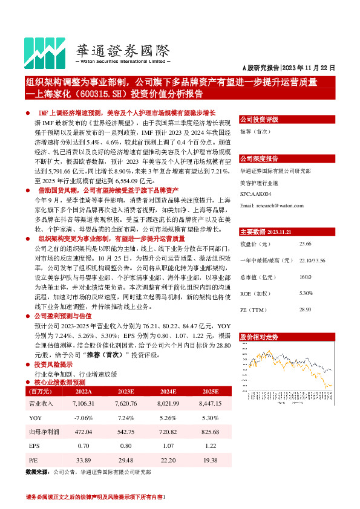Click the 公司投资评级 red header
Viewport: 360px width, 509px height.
260,119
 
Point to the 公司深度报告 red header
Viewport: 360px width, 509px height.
260,158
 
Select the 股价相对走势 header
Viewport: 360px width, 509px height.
260,336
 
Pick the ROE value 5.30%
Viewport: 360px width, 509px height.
306,293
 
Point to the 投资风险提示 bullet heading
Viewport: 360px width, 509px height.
54,365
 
